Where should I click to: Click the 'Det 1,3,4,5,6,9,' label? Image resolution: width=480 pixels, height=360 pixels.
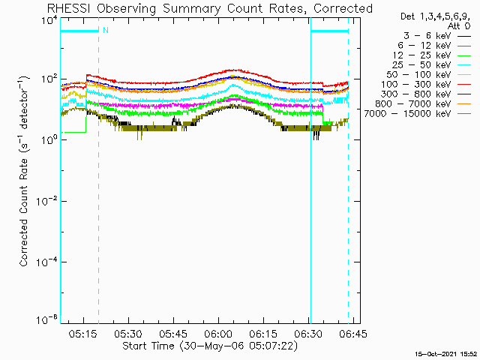[427, 16]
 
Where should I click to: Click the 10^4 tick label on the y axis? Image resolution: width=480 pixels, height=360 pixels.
[47, 20]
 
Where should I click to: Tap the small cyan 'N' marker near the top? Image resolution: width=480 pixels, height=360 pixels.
[105, 31]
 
